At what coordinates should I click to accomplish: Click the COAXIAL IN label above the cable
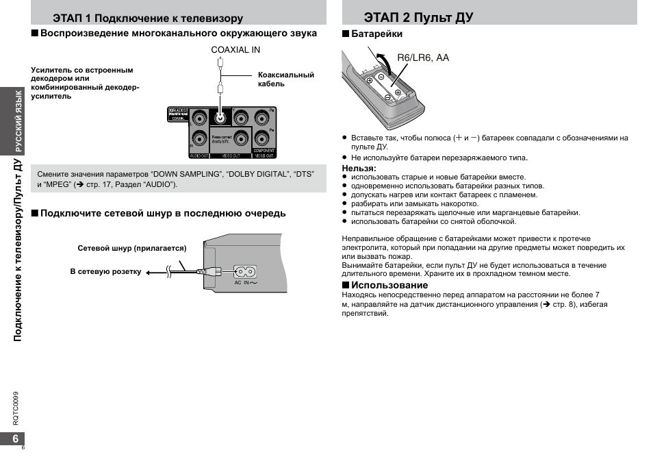pyautogui.click(x=235, y=50)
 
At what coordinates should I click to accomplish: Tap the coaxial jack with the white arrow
pyautogui.click(x=220, y=116)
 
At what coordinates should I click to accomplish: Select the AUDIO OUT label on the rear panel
pyautogui.click(x=199, y=155)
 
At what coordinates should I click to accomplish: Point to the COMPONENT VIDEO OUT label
pyautogui.click(x=264, y=153)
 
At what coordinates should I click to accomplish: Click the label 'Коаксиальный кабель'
pyautogui.click(x=285, y=79)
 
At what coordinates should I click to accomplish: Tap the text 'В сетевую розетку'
pyautogui.click(x=105, y=272)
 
